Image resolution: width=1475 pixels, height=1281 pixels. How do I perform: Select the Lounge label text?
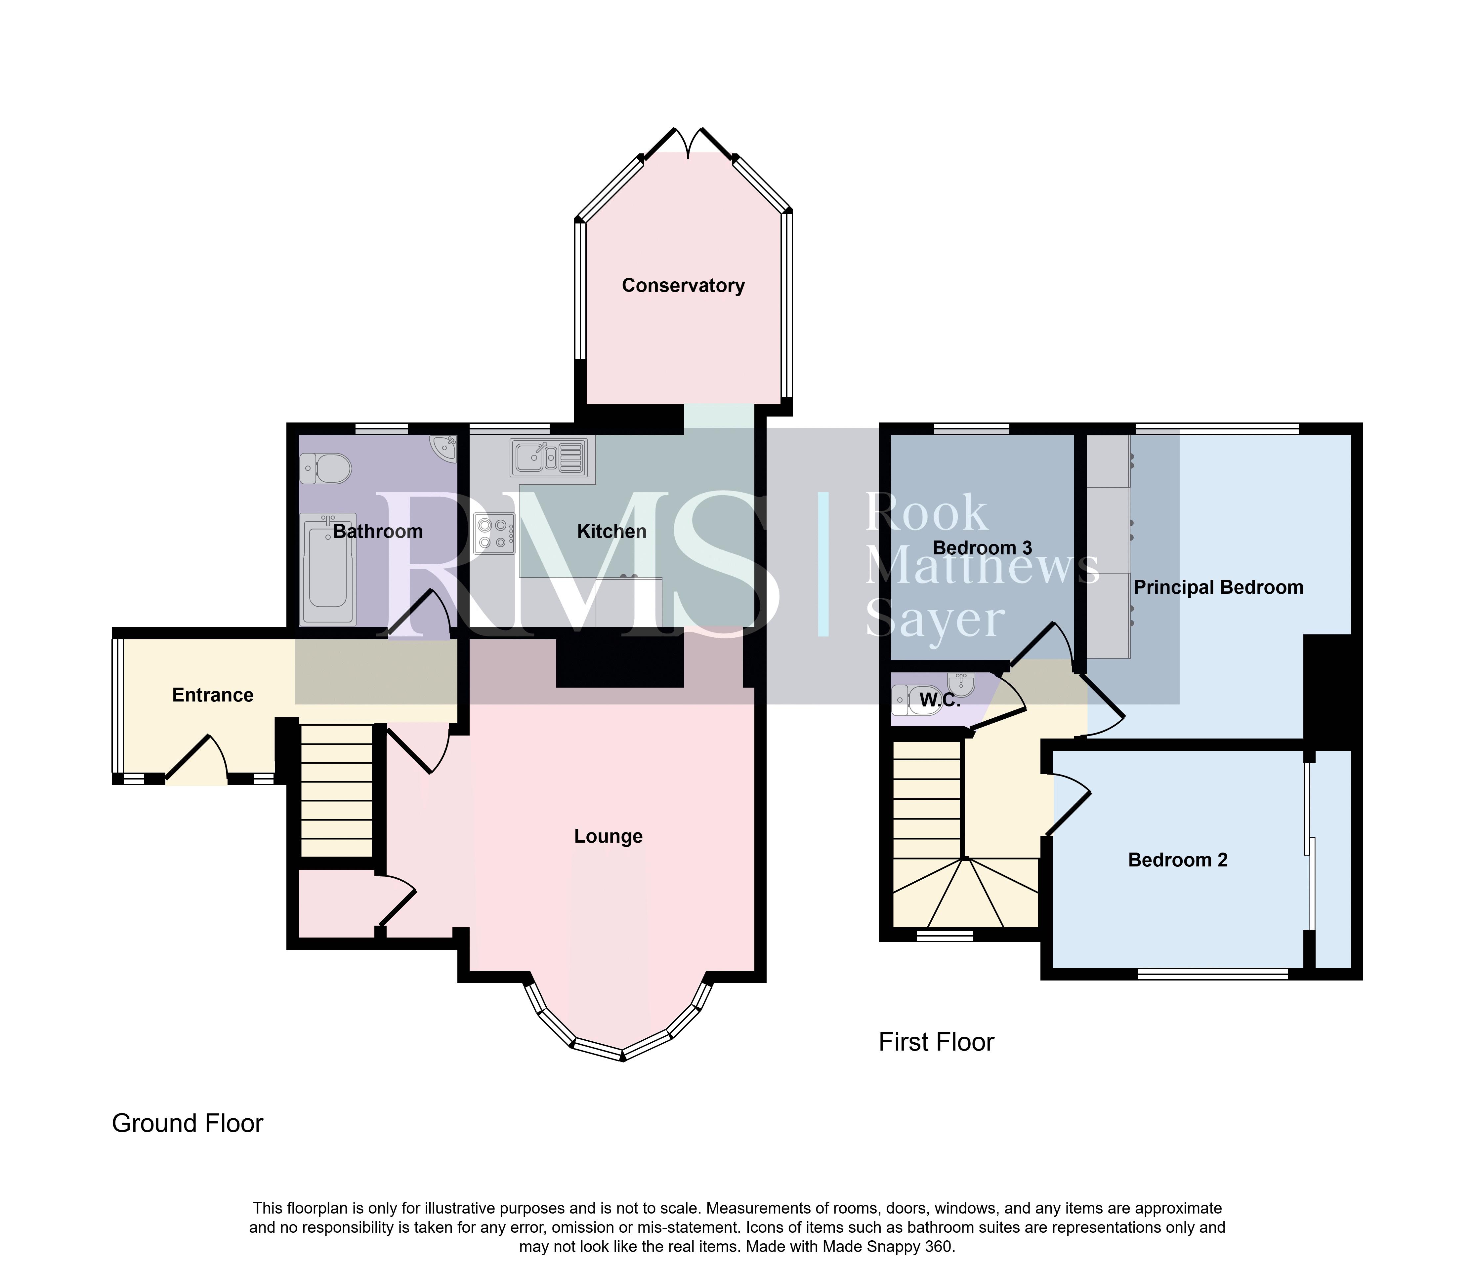(609, 836)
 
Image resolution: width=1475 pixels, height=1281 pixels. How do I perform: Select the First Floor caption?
(937, 1042)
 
